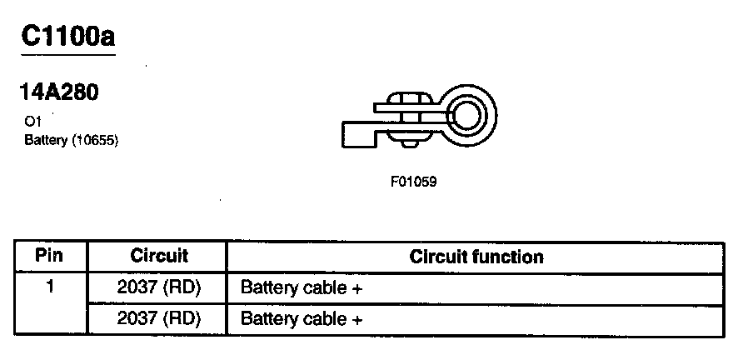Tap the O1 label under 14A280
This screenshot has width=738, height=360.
point(32,121)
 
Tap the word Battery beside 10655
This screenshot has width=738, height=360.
point(46,140)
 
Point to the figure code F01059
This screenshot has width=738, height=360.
point(413,181)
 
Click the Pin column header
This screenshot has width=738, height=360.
point(50,255)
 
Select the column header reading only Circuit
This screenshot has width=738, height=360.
point(159,255)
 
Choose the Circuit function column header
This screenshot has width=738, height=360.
point(476,257)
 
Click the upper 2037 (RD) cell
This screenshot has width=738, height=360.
point(159,288)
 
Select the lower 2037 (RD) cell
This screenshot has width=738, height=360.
point(159,319)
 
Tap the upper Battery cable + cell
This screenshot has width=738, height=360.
point(301,288)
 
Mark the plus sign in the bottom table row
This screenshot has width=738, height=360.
point(357,320)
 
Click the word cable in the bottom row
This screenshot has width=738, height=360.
point(325,319)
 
